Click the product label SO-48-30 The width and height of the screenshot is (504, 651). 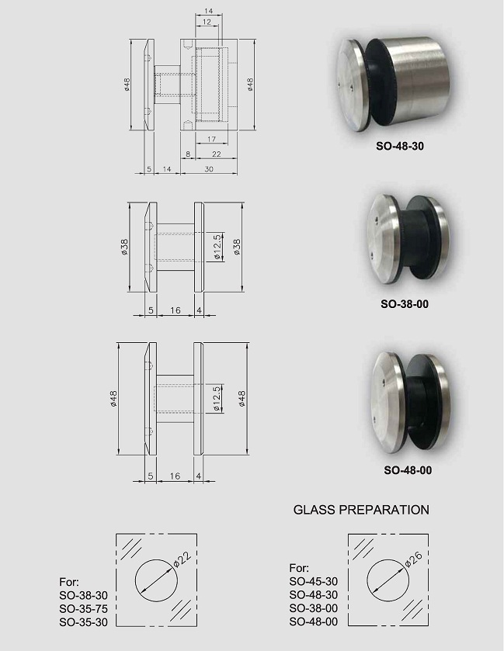pyautogui.click(x=400, y=146)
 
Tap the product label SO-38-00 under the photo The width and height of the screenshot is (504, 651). pyautogui.click(x=405, y=304)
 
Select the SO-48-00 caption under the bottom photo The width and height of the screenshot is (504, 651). pyautogui.click(x=408, y=470)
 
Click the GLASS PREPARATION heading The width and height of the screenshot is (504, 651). pyautogui.click(x=361, y=510)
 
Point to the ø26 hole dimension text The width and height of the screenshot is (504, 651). pyautogui.click(x=413, y=558)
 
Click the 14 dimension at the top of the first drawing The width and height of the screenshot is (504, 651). pyautogui.click(x=209, y=11)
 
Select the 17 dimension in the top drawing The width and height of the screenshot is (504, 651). pyautogui.click(x=211, y=140)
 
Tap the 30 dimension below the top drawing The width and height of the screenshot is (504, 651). pyautogui.click(x=209, y=169)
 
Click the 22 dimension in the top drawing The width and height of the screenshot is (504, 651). pyautogui.click(x=217, y=154)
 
